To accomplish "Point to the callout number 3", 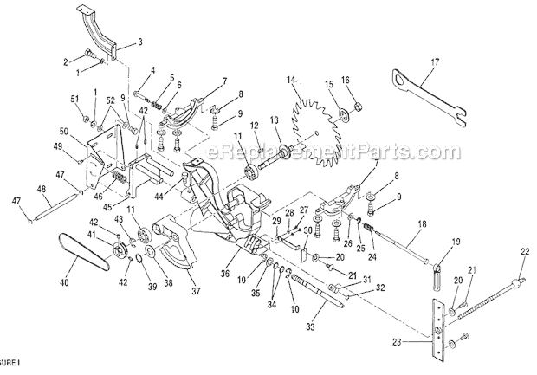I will (x=140, y=42).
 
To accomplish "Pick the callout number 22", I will (x=524, y=251).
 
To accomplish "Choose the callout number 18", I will (x=421, y=224).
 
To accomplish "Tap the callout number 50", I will (x=63, y=131).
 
